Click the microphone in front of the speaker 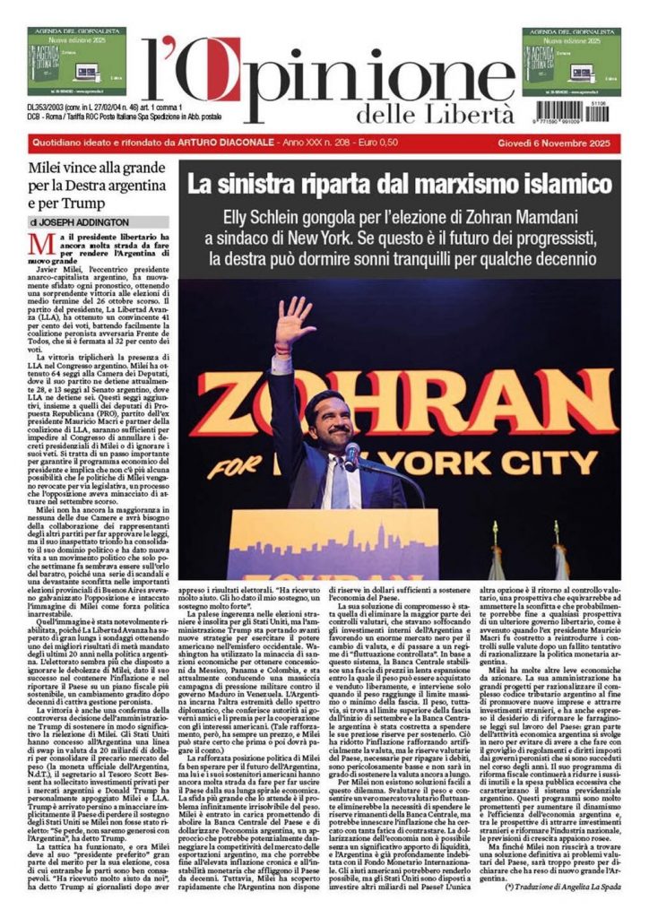[351, 455]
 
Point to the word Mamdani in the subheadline [556, 218]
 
